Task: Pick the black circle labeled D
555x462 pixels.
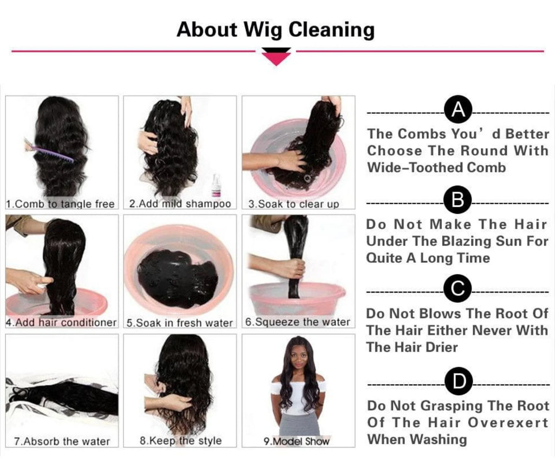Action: click(x=459, y=381)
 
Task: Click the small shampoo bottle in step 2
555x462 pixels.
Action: click(x=216, y=186)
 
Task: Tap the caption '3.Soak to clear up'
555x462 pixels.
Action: click(x=293, y=204)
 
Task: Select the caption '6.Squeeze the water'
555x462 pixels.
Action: click(x=298, y=322)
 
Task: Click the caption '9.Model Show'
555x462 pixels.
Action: click(x=296, y=441)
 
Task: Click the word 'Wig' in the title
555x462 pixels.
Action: click(x=264, y=30)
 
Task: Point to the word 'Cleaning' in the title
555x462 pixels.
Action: click(x=332, y=30)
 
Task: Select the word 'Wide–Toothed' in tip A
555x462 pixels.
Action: click(x=414, y=167)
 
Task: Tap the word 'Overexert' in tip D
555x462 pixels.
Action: click(x=508, y=422)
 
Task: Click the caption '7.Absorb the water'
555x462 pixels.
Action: click(x=62, y=441)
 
